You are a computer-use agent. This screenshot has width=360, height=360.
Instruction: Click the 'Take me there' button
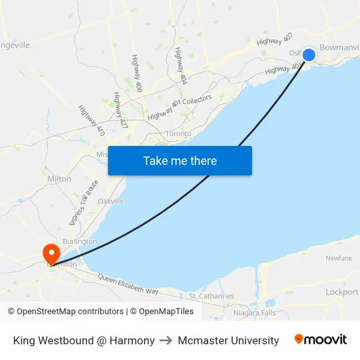click(x=180, y=160)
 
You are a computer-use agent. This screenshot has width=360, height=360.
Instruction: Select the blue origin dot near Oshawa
click(x=309, y=55)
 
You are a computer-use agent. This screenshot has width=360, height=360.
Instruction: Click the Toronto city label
click(x=178, y=134)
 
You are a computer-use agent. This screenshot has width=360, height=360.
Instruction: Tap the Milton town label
click(x=60, y=179)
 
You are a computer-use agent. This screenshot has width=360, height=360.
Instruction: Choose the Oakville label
click(x=111, y=201)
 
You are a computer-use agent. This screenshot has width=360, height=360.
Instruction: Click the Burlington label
click(x=80, y=241)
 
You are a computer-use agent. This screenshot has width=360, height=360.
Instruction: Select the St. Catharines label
click(x=211, y=296)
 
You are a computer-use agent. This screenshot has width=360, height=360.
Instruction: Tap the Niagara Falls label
click(x=255, y=313)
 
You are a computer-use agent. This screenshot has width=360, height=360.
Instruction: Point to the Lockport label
click(x=342, y=292)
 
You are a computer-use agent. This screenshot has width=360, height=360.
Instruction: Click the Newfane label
click(x=338, y=258)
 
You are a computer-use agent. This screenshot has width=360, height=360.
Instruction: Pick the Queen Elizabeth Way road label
click(x=128, y=285)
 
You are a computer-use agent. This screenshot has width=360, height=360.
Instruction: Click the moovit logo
click(x=321, y=340)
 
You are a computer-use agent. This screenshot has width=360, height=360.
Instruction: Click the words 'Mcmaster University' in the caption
click(x=227, y=340)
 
